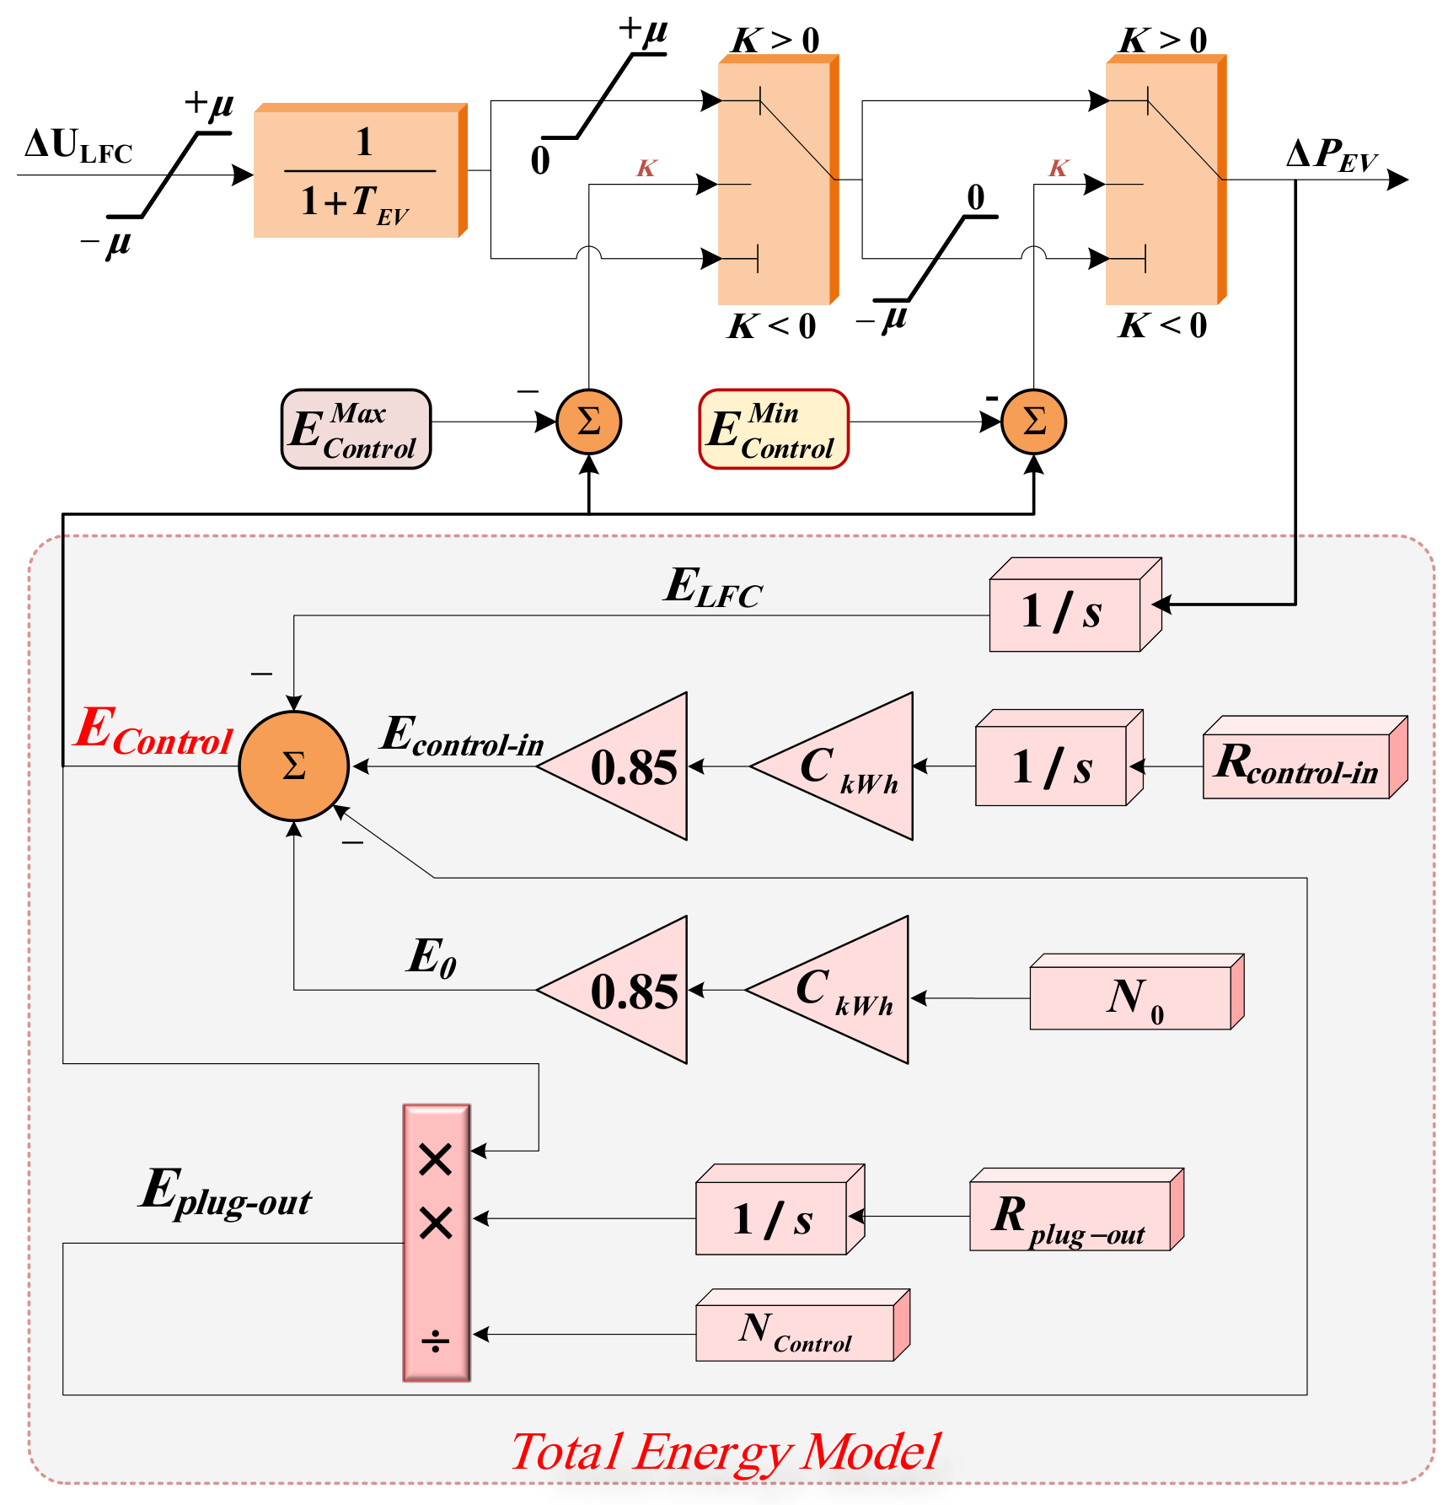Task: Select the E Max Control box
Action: (356, 429)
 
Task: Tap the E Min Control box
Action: (773, 429)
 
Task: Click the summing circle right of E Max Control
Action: (589, 422)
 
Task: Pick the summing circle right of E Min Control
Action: (1033, 422)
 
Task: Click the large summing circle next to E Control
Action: (293, 766)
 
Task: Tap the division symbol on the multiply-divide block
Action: (436, 1341)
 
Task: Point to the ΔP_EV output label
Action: (1332, 156)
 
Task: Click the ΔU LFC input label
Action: (78, 148)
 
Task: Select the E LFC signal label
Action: (712, 588)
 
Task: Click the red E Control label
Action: (153, 732)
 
